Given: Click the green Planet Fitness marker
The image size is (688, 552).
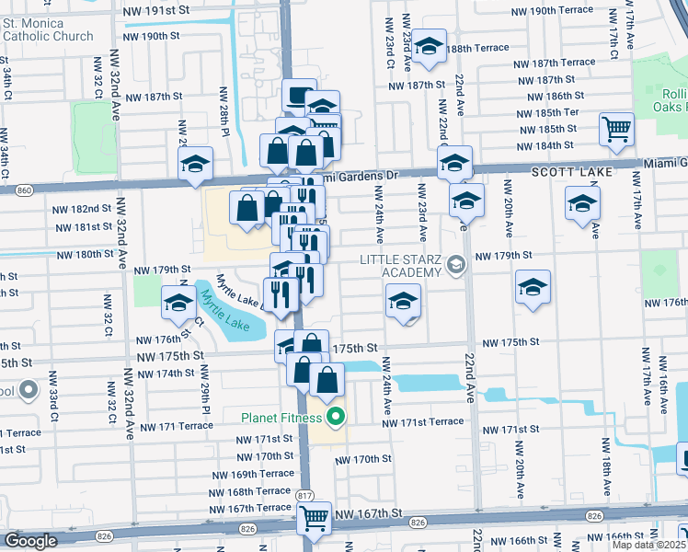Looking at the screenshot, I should [335, 417].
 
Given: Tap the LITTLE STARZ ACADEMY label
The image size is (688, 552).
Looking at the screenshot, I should [401, 266].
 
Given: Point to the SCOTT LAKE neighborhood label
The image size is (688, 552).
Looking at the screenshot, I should [565, 172].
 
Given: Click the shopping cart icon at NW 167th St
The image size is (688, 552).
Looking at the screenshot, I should [315, 519].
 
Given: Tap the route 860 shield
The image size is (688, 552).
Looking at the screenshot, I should [24, 190].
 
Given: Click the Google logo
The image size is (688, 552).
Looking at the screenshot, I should [30, 541].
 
